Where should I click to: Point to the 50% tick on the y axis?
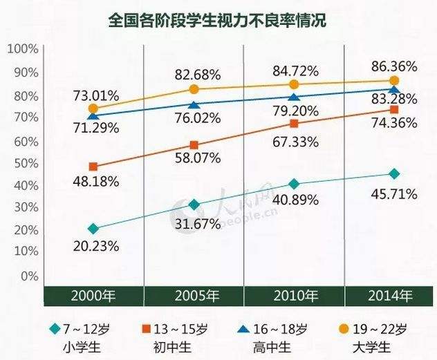[25, 163]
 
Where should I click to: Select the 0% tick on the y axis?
[28, 276]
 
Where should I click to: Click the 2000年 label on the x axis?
[93, 296]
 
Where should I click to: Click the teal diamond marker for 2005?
[194, 205]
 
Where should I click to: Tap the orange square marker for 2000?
[93, 167]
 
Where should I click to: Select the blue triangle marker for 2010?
[294, 97]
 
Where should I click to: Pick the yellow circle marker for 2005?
[194, 88]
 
